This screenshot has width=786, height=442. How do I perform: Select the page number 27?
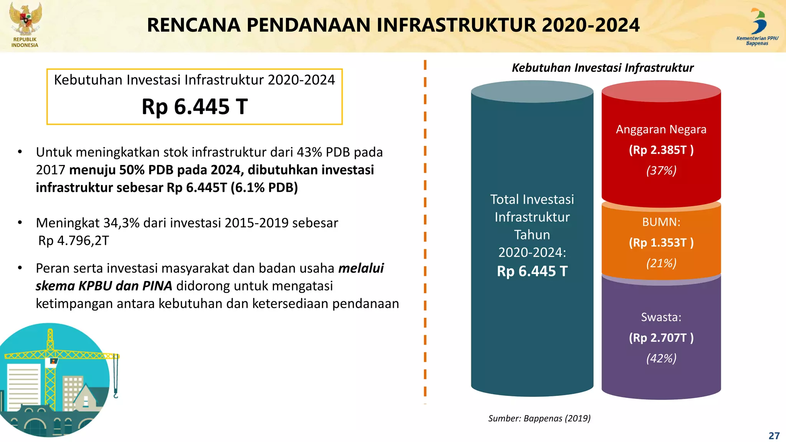pos(774,435)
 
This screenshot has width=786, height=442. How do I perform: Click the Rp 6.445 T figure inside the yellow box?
pos(195,107)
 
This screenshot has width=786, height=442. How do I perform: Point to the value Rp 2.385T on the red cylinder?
pos(661,150)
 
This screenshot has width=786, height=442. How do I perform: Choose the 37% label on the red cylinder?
pos(661,170)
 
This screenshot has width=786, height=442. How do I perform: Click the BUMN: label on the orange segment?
pos(661,222)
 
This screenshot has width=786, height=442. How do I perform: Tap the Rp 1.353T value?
pos(661,242)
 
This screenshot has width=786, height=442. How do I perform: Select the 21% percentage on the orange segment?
pos(661,263)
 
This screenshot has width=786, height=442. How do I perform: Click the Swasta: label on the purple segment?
pos(661,317)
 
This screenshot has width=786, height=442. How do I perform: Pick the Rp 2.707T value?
pos(661,338)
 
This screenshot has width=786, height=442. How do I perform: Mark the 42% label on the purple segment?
pos(661,358)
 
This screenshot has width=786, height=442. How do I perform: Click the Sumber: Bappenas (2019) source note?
pos(539,418)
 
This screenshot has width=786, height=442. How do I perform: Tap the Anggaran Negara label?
pos(661,129)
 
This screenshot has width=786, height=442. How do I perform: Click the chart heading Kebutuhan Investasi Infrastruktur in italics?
pos(603,68)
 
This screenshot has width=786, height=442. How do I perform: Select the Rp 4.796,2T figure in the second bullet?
pos(74,241)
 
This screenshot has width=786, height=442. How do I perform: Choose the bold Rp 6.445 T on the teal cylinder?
pos(532,271)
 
